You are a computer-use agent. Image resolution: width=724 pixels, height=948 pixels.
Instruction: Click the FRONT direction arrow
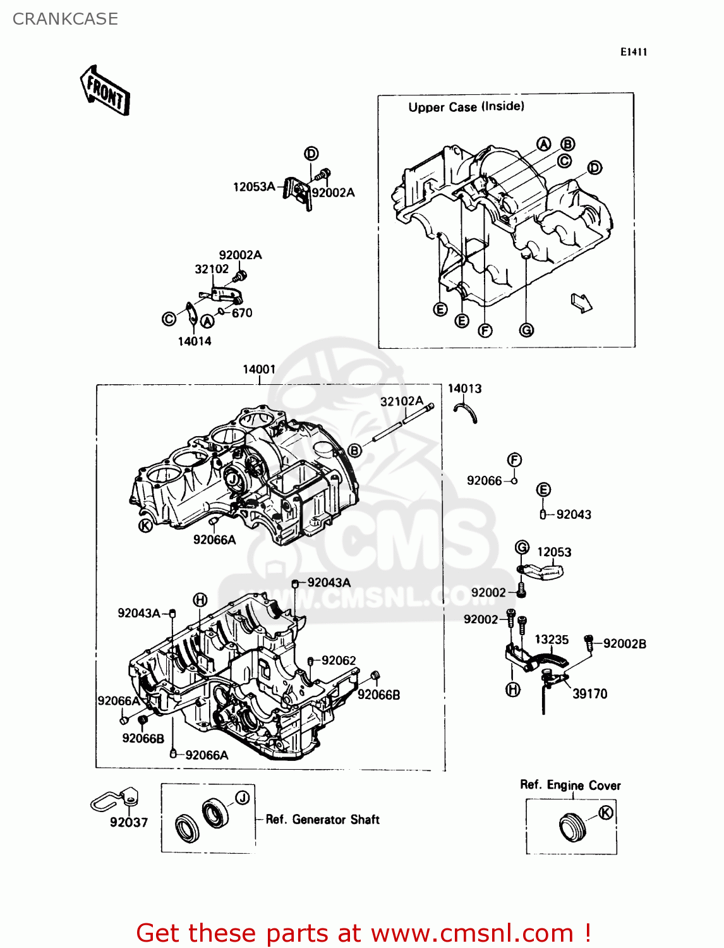pyautogui.click(x=106, y=90)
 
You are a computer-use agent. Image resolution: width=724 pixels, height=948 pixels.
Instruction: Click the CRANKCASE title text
pyautogui.click(x=65, y=19)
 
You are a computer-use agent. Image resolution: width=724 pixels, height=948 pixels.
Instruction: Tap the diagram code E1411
pyautogui.click(x=633, y=52)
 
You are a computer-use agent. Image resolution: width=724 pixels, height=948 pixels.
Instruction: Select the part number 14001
pyautogui.click(x=259, y=369)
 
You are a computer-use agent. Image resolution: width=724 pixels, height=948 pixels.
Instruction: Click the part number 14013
pyautogui.click(x=464, y=389)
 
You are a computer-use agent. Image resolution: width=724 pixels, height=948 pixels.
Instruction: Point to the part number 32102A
pyautogui.click(x=401, y=401)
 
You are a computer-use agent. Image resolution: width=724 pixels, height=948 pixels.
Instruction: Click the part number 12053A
pyautogui.click(x=254, y=187)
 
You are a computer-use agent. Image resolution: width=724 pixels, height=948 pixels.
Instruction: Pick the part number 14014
pyautogui.click(x=195, y=341)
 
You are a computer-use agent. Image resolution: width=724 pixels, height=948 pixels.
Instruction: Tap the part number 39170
pyautogui.click(x=589, y=694)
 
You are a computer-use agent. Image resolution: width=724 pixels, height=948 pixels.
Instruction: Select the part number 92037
pyautogui.click(x=129, y=822)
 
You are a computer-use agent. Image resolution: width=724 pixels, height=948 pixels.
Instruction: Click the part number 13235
pyautogui.click(x=552, y=640)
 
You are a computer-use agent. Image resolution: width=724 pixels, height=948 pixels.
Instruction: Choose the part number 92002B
pyautogui.click(x=624, y=644)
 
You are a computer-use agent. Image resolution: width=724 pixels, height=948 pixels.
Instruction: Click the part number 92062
pyautogui.click(x=339, y=660)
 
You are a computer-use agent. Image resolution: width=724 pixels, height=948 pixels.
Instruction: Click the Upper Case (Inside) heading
pyautogui.click(x=466, y=107)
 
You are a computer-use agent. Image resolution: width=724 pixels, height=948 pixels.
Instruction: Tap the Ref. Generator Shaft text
pyautogui.click(x=322, y=820)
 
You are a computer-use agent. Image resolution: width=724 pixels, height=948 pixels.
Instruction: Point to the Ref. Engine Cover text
pyautogui.click(x=570, y=785)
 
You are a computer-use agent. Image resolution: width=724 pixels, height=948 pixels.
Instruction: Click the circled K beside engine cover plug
pyautogui.click(x=605, y=813)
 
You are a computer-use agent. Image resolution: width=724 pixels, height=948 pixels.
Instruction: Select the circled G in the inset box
pyautogui.click(x=526, y=330)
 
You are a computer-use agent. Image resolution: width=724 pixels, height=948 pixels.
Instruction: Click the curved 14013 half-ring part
pyautogui.click(x=468, y=413)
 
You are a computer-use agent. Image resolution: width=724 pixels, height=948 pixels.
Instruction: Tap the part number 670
pyautogui.click(x=242, y=313)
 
